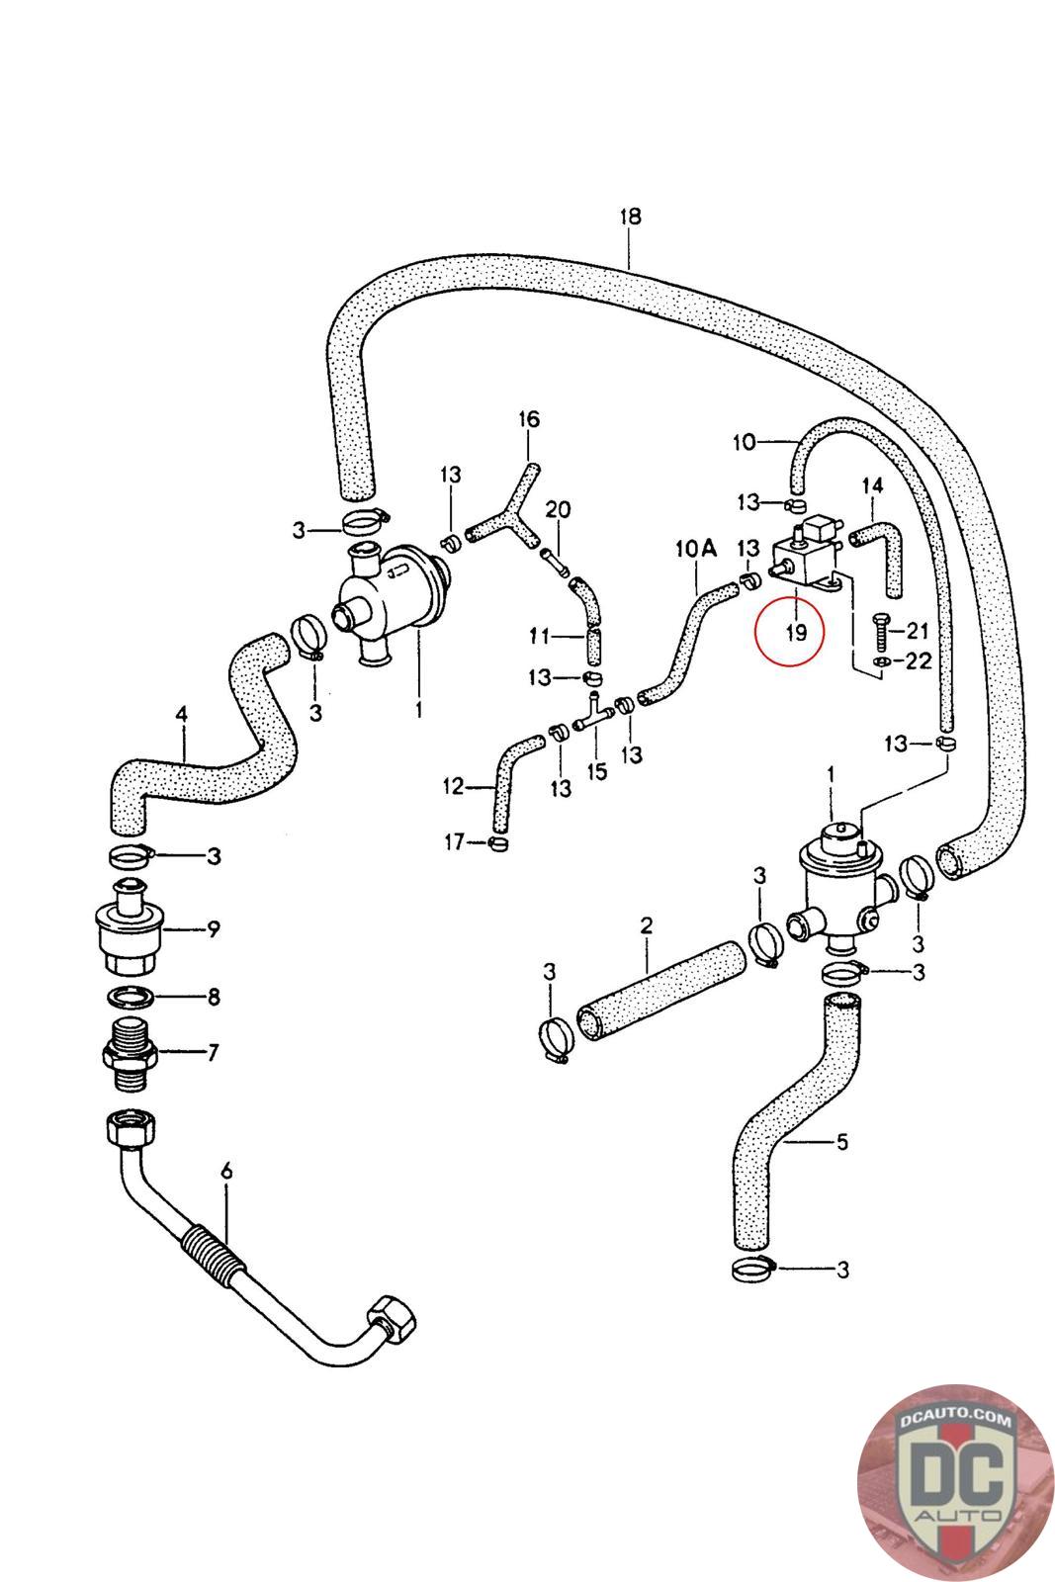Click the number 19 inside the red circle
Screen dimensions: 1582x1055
click(796, 632)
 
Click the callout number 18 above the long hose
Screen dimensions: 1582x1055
click(630, 217)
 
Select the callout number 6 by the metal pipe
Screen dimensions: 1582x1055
click(226, 1172)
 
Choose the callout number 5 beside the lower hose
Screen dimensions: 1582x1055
click(841, 1142)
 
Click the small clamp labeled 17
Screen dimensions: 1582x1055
click(497, 842)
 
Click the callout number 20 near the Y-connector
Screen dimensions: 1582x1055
click(559, 509)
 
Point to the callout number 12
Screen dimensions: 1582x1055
click(454, 787)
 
